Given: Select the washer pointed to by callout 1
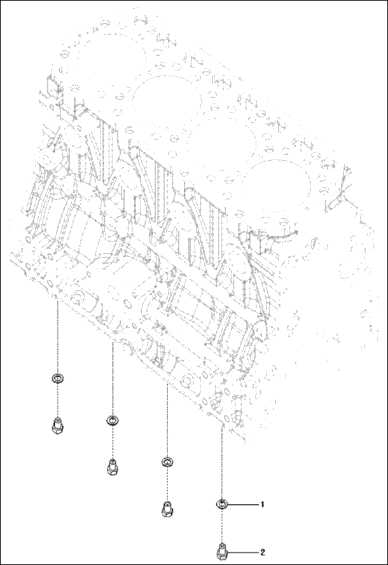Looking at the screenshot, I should (222, 505).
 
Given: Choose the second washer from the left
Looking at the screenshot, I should (113, 421).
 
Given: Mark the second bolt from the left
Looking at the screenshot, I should (113, 467).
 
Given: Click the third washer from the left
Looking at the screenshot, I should (167, 461).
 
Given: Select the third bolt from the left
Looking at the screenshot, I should (167, 508).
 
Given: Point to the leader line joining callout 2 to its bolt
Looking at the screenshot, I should (243, 551).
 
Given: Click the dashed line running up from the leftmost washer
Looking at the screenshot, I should (57, 337).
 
